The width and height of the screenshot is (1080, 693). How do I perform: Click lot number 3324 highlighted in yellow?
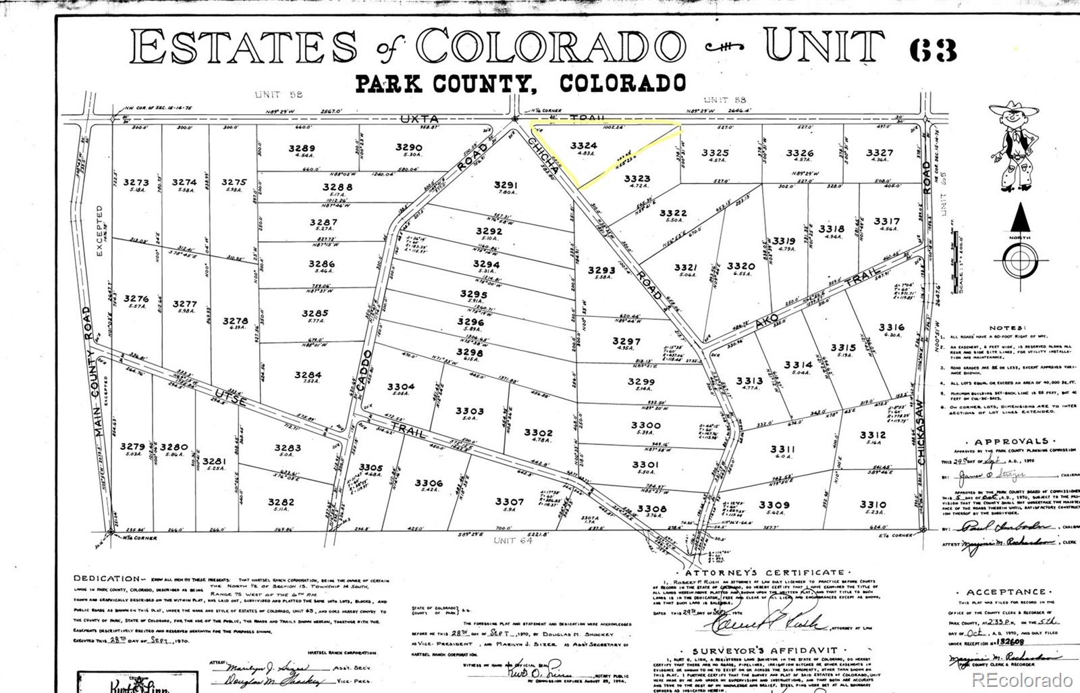click(583, 145)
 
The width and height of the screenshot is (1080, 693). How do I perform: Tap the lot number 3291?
click(506, 184)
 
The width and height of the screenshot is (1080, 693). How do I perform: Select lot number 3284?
click(308, 375)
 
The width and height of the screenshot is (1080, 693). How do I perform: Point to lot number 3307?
click(509, 501)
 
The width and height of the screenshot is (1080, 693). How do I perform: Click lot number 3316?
click(891, 328)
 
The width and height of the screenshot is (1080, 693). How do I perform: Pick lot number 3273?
click(136, 182)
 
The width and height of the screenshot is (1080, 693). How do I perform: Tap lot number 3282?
click(281, 502)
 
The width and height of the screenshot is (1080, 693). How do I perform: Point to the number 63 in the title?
click(934, 49)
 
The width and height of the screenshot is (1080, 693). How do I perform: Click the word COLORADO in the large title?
click(550, 46)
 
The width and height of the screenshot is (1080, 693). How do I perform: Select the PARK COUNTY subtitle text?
click(445, 84)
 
